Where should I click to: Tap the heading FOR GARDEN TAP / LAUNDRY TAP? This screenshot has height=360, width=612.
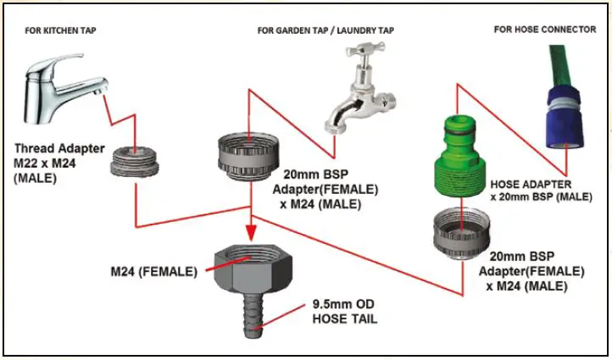[325, 30]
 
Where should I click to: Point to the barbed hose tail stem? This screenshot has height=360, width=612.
[253, 315]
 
